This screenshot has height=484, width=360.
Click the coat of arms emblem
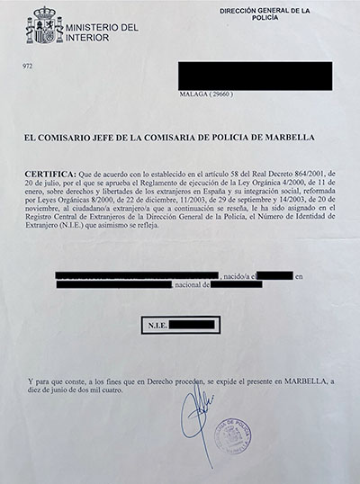click(x=44, y=26)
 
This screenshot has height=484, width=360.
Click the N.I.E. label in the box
click(x=155, y=321)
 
